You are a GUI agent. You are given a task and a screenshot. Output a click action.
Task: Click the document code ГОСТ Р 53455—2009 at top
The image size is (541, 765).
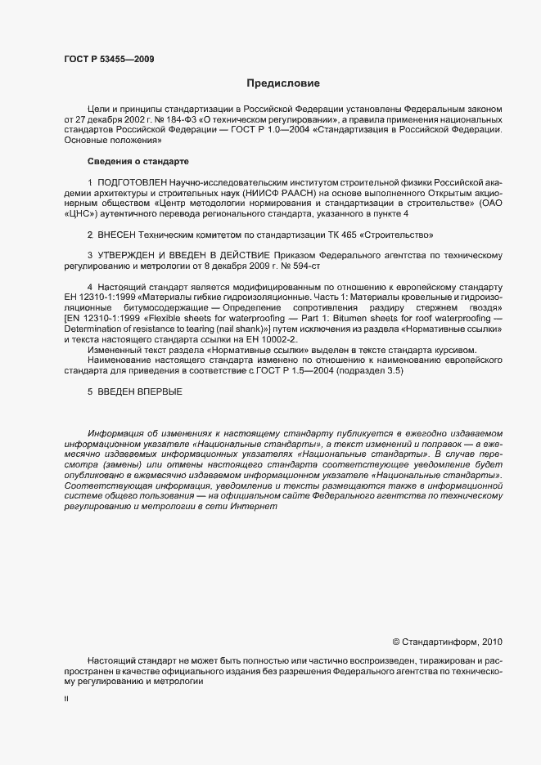108,59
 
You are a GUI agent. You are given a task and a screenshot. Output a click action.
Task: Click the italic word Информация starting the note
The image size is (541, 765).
117,432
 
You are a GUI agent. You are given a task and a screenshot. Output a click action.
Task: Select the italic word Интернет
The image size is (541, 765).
259,506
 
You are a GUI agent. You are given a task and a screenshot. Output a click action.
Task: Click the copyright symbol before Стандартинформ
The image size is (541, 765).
397,641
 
